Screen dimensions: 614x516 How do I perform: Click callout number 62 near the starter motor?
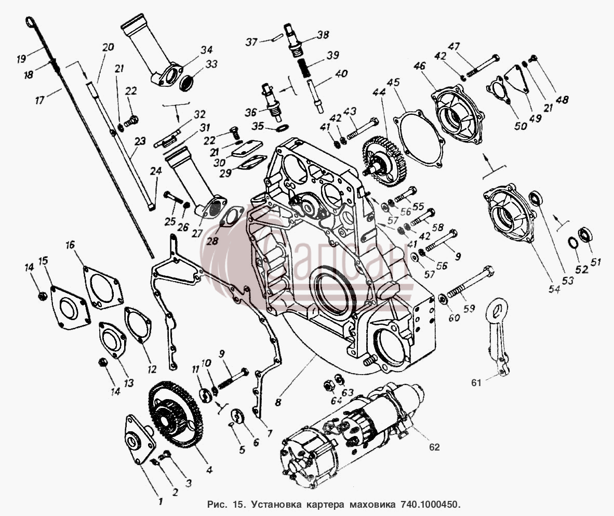pyautogui.click(x=434, y=447)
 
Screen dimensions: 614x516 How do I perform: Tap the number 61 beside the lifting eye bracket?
pyautogui.click(x=476, y=382)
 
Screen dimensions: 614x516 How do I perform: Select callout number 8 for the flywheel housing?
pyautogui.click(x=278, y=402)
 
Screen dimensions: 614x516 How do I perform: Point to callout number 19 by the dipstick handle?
pyautogui.click(x=21, y=59)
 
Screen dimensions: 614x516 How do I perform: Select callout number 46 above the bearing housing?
pyautogui.click(x=419, y=65)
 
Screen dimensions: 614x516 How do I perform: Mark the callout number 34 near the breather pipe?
pyautogui.click(x=206, y=50)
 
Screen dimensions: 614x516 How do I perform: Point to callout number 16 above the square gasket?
pyautogui.click(x=70, y=246)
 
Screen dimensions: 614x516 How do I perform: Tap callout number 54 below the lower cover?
pyautogui.click(x=554, y=289)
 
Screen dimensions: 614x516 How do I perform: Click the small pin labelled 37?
pyautogui.click(x=277, y=38)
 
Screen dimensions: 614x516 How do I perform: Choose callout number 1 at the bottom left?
pyautogui.click(x=160, y=500)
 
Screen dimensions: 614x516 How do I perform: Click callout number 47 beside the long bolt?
pyautogui.click(x=454, y=47)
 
